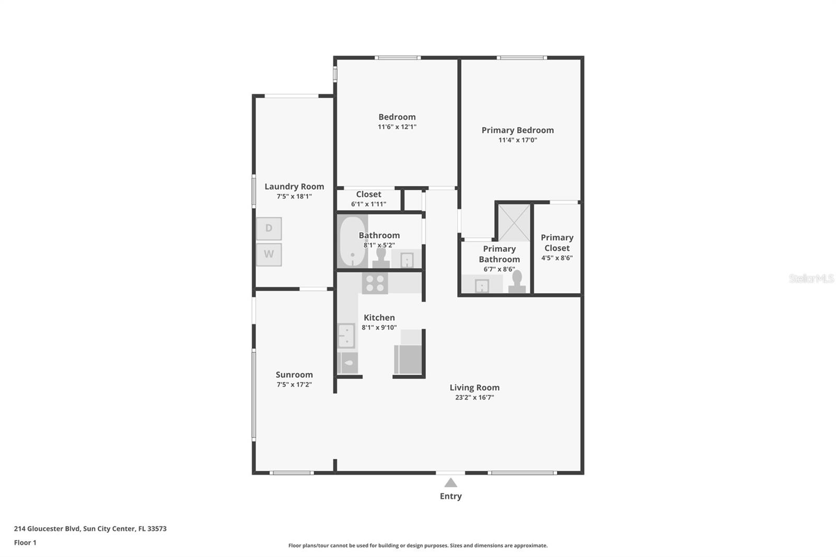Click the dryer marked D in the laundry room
pos(269,228)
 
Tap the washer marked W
pos(269,254)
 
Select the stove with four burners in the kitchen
pos(375,283)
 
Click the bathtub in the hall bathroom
pos(352,241)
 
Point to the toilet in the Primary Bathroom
pos(517,282)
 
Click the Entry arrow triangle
pos(450,483)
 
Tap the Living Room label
pos(474,388)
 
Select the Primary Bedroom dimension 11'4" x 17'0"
pos(518,140)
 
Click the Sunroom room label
pos(294,375)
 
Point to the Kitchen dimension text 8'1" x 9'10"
pos(379,328)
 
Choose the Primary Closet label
pos(557,242)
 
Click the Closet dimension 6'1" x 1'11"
pos(369,204)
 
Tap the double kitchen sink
pos(346,335)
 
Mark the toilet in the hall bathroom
pos(381,258)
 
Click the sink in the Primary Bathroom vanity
pos(482,286)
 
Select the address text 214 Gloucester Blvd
pos(47,528)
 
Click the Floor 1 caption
pos(25,542)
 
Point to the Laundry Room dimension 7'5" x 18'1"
pos(294,196)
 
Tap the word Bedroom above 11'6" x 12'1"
pos(397,117)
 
